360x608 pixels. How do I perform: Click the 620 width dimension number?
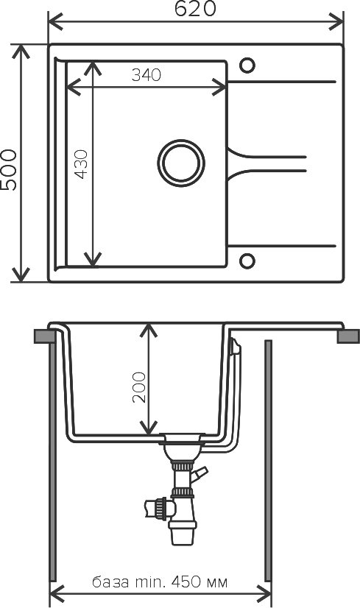click(x=195, y=9)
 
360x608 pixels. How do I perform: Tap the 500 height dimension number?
click(x=10, y=169)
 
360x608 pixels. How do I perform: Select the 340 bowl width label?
click(x=146, y=75)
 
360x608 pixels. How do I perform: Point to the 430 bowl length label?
click(x=82, y=164)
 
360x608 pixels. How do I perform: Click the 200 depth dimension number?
click(x=139, y=387)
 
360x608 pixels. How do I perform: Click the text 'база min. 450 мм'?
click(x=160, y=582)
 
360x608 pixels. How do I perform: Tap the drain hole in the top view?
click(x=181, y=163)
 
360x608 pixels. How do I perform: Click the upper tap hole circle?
click(x=247, y=66)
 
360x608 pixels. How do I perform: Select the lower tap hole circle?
click(x=247, y=261)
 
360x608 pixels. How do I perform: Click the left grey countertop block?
click(x=43, y=336)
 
